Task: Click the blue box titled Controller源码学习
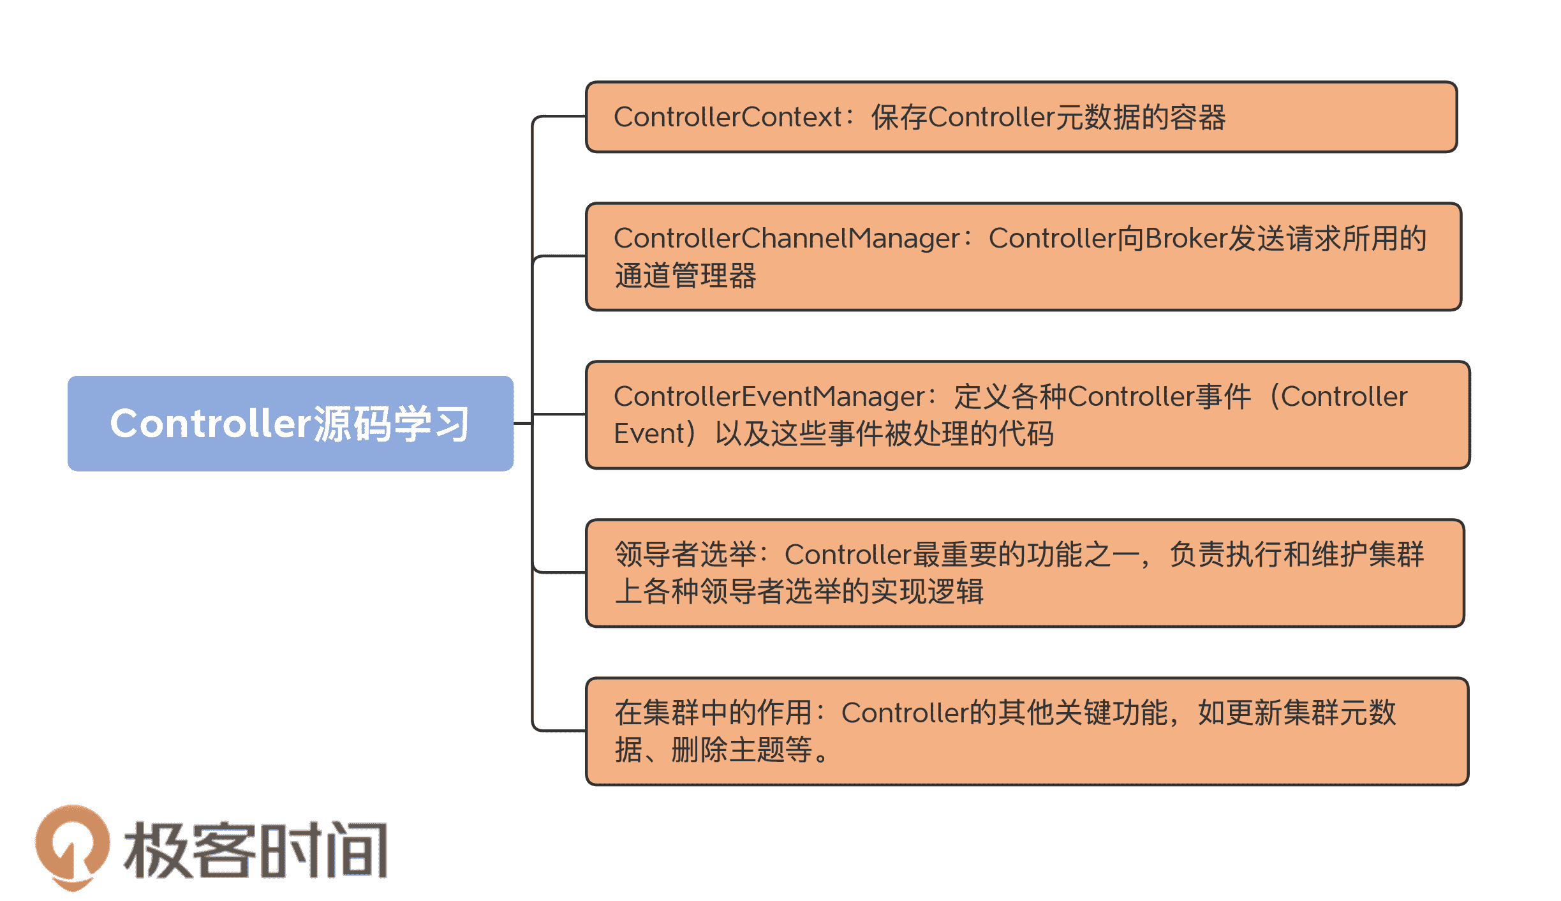pos(290,423)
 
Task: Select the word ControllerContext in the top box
pos(727,117)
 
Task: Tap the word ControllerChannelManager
pos(786,239)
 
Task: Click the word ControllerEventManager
pos(769,397)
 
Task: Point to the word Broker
pos(1186,239)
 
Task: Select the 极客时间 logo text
pos(255,851)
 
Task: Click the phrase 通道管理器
pos(685,276)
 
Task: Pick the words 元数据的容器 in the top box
pos(1141,117)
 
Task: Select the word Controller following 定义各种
pos(1130,397)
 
